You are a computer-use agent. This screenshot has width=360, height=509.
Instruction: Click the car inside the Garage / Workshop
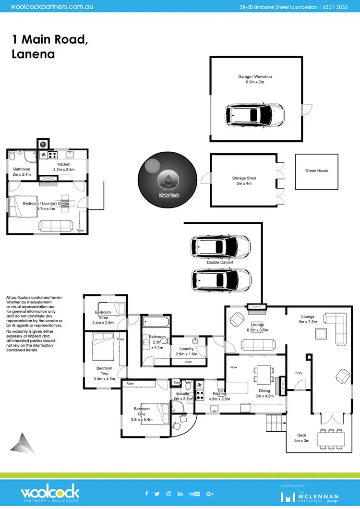[x=255, y=115]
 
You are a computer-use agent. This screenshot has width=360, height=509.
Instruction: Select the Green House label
[x=317, y=170]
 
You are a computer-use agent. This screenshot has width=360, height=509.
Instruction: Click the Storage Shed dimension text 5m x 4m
[x=244, y=183]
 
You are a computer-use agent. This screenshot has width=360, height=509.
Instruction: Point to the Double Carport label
[x=220, y=263]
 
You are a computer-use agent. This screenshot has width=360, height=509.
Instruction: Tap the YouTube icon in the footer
[x=194, y=494]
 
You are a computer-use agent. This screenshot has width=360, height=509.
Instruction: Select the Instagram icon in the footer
[x=169, y=494]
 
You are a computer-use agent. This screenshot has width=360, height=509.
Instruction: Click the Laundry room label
[x=186, y=349]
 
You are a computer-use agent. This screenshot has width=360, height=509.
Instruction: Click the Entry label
[x=299, y=373]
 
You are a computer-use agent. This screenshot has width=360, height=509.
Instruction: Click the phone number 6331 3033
[x=339, y=7]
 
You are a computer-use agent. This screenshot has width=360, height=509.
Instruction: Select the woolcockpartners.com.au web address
[x=52, y=7]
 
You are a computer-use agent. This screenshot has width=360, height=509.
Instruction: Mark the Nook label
[x=234, y=367]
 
